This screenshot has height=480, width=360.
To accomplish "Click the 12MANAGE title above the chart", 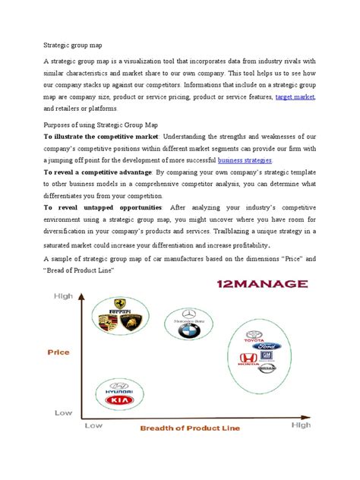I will point(241,285).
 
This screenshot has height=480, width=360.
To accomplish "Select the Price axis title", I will point(58,352).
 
